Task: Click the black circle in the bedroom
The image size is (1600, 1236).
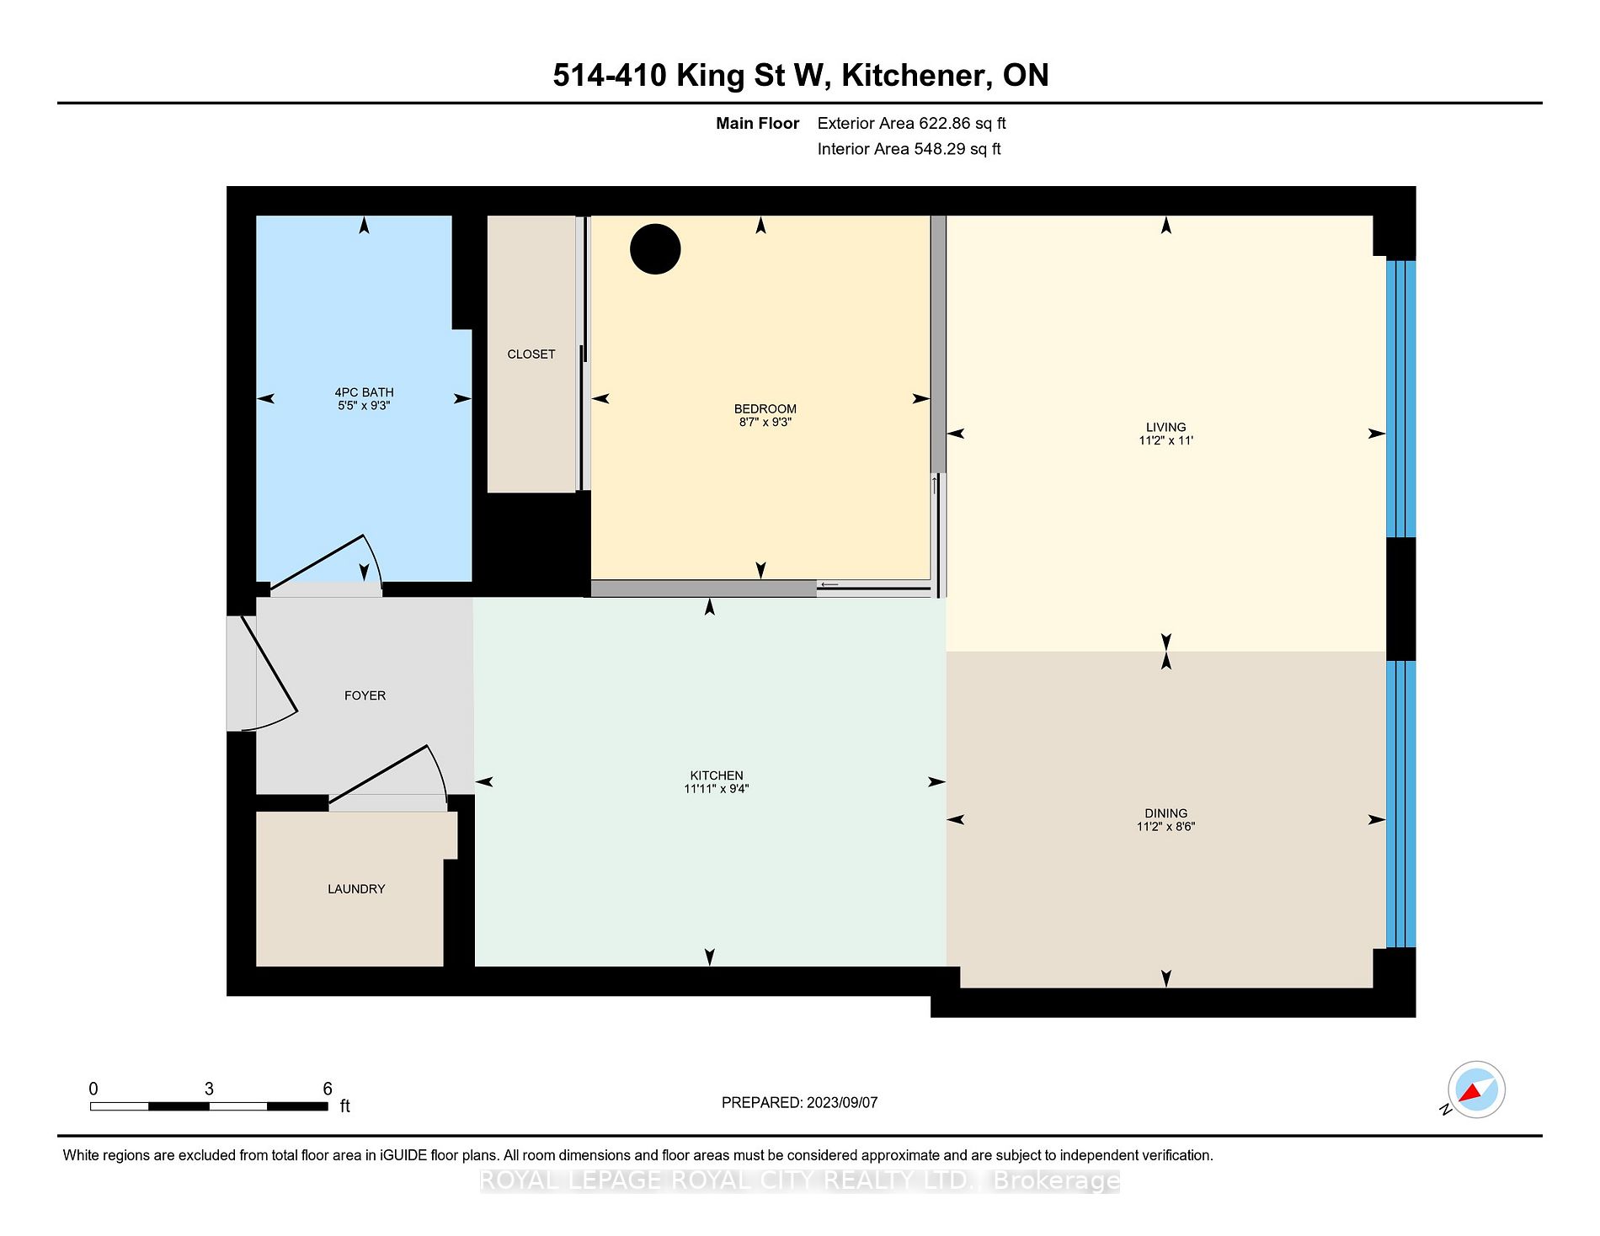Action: point(655,249)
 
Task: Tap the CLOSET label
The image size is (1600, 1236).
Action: point(531,354)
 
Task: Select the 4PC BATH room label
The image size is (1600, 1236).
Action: point(364,392)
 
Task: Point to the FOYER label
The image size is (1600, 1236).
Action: point(365,695)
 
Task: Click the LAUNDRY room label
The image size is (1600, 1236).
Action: point(356,889)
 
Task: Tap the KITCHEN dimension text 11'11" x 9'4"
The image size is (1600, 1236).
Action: point(717,789)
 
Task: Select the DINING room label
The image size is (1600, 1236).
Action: point(1166,813)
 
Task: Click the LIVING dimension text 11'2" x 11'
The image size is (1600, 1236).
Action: point(1166,440)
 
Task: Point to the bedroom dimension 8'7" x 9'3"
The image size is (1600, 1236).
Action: point(765,422)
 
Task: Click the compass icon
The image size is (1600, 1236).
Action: point(1476,1089)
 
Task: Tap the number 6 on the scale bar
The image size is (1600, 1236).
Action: point(328,1089)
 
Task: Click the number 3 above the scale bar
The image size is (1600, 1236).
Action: point(209,1089)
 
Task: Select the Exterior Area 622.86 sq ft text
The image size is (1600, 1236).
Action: point(912,124)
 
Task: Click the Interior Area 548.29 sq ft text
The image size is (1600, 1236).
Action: point(909,149)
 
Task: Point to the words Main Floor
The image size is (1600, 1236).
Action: point(757,124)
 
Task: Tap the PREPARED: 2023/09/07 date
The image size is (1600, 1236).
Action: point(800,1102)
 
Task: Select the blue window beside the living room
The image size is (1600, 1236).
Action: point(1401,399)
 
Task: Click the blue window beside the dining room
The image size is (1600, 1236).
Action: point(1401,805)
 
